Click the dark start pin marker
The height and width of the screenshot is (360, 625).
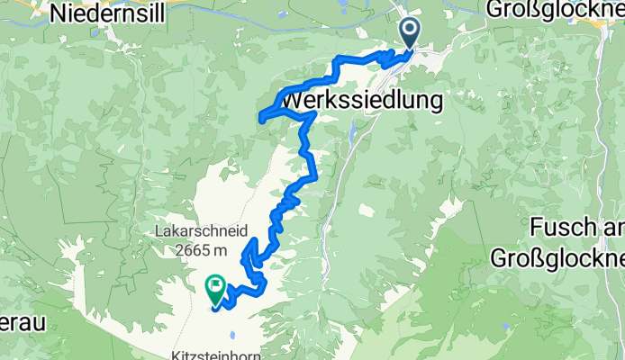tap(409, 34)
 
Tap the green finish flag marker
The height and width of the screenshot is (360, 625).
tap(216, 288)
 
